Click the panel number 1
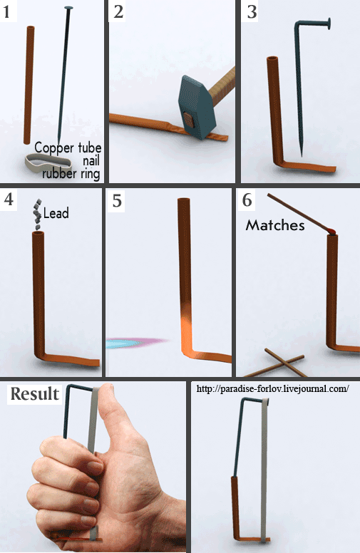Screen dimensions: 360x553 [x=6, y=11]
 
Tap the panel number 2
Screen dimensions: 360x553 [x=118, y=11]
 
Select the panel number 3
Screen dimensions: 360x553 [x=252, y=11]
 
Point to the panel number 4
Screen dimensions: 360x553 [x=9, y=199]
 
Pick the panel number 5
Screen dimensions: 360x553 [x=117, y=201]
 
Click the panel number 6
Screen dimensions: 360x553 [x=247, y=200]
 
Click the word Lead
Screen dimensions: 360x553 [x=56, y=213]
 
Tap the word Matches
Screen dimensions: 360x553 [x=275, y=225]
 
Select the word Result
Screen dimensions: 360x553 [x=35, y=393]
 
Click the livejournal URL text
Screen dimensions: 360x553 [x=272, y=388]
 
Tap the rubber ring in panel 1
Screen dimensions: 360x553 [x=48, y=163]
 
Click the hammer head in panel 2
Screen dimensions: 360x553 [x=197, y=108]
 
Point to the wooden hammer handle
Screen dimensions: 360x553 [x=222, y=83]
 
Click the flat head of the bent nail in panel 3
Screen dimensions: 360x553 [x=329, y=24]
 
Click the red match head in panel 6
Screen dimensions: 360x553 [x=331, y=232]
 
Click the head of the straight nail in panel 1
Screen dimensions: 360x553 [x=68, y=8]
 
